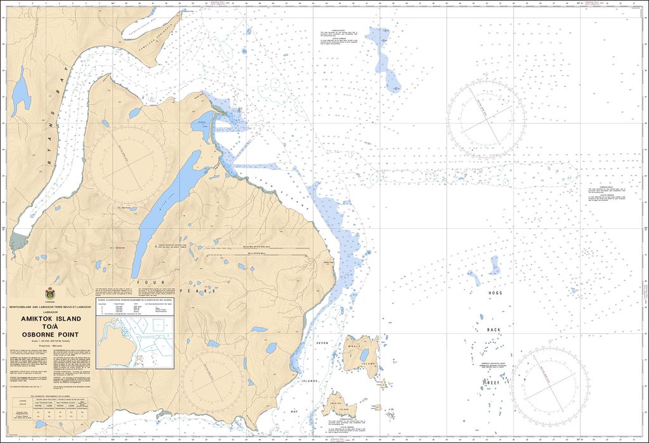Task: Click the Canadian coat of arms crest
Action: (x=49, y=293)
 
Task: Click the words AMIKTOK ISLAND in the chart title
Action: (x=49, y=319)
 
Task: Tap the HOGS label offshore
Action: (x=495, y=293)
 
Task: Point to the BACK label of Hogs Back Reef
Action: (x=494, y=330)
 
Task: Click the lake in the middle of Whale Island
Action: (x=364, y=355)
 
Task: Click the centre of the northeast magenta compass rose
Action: (x=485, y=118)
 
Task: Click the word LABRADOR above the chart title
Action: (x=49, y=312)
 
